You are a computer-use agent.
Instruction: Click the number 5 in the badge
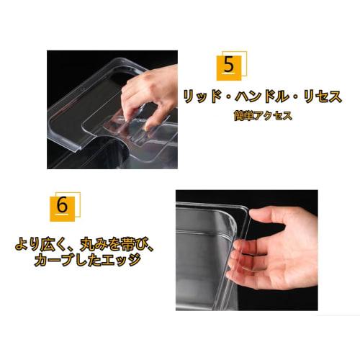229,66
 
